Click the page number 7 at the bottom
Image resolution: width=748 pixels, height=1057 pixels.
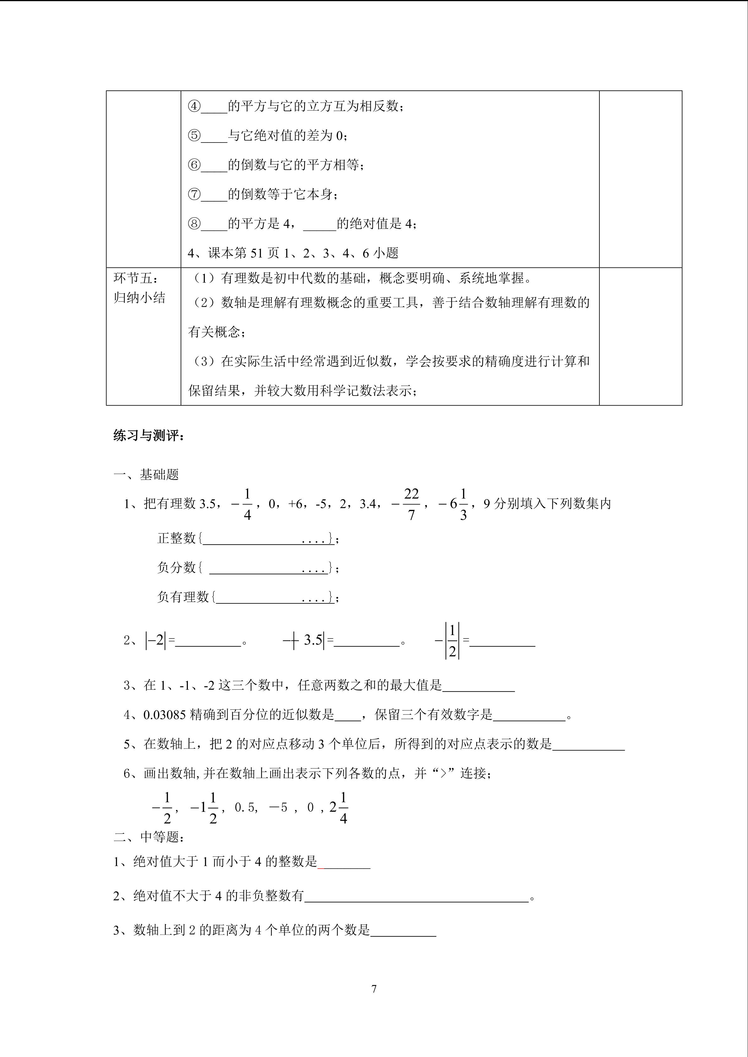point(374,988)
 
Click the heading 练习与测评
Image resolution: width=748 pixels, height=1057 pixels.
point(148,435)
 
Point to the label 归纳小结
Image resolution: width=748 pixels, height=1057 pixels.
point(139,298)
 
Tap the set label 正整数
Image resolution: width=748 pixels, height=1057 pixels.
point(177,538)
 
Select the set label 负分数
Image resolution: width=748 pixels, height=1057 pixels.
point(177,567)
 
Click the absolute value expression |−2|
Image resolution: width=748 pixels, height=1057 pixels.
point(155,640)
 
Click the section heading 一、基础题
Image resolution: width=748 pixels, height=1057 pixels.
point(146,475)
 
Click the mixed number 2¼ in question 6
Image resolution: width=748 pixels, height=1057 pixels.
point(339,807)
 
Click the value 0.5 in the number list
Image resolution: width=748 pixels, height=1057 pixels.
point(245,807)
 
